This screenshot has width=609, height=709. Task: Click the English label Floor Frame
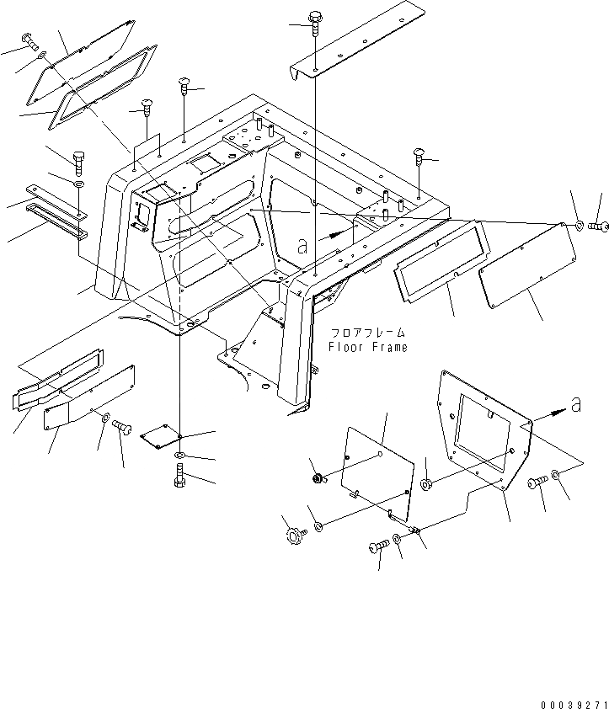click(x=368, y=347)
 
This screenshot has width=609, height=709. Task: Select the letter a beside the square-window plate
click(x=574, y=406)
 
